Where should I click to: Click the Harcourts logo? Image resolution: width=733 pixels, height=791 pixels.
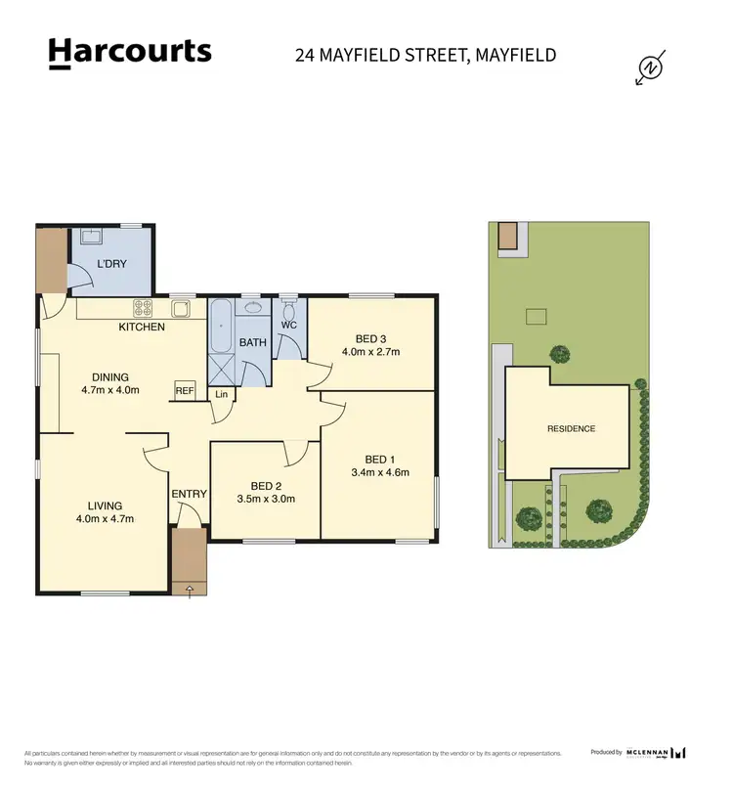point(129,53)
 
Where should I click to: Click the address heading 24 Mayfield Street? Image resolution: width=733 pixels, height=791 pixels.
point(425,54)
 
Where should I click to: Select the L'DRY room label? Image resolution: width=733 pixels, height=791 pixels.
point(111,264)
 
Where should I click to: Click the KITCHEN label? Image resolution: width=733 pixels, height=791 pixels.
point(142,327)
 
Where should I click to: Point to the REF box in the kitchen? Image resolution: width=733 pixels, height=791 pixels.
point(185,389)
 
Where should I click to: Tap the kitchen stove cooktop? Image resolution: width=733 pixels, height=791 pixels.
point(143,307)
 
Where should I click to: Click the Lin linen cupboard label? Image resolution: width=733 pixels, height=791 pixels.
point(221,395)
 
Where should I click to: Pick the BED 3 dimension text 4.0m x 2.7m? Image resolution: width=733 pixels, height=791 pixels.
point(370,351)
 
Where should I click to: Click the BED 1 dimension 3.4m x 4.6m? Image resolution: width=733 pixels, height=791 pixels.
point(379,472)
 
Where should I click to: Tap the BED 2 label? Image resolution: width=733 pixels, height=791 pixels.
point(266,486)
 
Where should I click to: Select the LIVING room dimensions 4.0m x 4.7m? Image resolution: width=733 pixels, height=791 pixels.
point(105,519)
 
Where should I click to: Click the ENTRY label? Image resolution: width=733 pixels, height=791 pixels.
point(189,494)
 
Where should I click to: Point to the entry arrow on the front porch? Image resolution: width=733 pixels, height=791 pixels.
point(189,589)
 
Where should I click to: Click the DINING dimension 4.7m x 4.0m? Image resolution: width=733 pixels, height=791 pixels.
point(109,390)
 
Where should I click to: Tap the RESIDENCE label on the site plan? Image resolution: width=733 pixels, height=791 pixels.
point(571,429)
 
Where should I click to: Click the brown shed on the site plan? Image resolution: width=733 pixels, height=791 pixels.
point(508,236)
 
